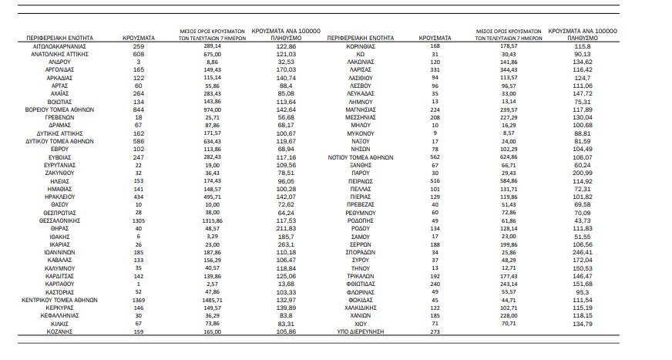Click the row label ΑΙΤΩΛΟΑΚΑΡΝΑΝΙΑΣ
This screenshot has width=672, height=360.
[59, 46]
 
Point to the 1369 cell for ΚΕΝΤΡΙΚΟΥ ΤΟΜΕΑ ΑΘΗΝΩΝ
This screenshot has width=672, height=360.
[139, 299]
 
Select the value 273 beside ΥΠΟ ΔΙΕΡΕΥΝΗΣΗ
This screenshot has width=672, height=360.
[435, 331]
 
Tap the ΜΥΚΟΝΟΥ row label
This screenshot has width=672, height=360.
[362, 133]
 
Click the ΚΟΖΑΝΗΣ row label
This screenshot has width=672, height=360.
[59, 331]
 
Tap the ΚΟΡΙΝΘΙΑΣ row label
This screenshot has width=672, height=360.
[362, 46]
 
